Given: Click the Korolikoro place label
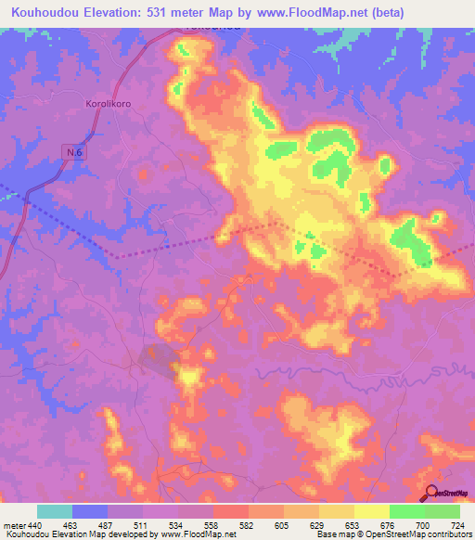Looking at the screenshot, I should (x=109, y=105).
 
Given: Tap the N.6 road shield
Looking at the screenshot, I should (x=74, y=151).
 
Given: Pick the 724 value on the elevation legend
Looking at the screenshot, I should (x=456, y=526).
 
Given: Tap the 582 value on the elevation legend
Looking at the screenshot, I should (x=245, y=526).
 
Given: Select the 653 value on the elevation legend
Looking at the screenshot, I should (x=351, y=526).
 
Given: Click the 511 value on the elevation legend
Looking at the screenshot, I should (x=139, y=526).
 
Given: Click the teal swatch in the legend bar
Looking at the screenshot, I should (x=55, y=512).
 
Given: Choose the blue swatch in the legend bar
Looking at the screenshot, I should (x=90, y=512).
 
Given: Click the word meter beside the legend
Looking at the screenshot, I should (x=13, y=526).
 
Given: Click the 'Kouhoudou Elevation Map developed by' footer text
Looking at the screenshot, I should (x=80, y=535).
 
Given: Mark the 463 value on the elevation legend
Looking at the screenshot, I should (x=69, y=526).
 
